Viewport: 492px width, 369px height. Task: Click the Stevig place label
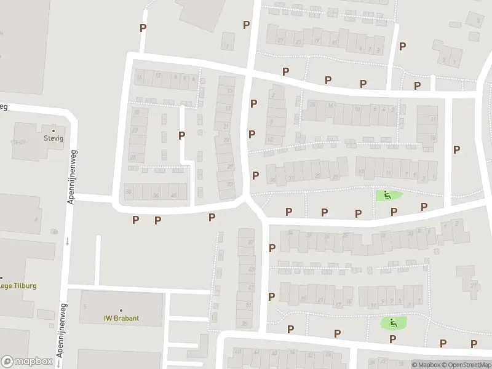click(54, 138)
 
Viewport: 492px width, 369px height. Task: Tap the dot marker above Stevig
click(54, 130)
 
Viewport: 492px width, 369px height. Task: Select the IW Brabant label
click(121, 319)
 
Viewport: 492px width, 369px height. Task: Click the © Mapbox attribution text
click(427, 364)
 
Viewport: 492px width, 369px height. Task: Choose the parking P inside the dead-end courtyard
click(181, 135)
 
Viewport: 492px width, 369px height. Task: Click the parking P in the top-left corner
click(143, 28)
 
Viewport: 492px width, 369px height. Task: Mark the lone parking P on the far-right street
click(456, 149)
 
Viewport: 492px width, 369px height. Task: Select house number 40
click(174, 196)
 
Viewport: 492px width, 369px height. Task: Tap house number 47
click(250, 288)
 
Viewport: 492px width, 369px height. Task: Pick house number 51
click(248, 305)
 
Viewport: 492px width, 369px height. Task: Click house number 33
click(229, 183)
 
